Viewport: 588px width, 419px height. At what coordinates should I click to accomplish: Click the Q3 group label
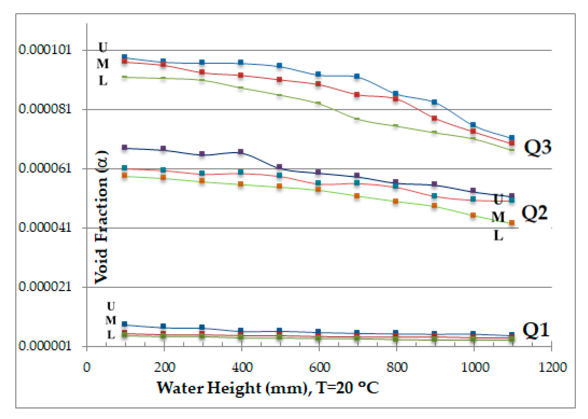click(x=537, y=147)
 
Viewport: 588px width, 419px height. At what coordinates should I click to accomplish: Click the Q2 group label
click(x=534, y=213)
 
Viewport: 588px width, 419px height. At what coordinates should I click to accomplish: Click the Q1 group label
click(x=536, y=330)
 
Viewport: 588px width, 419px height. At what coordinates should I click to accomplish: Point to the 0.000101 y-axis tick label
click(x=45, y=49)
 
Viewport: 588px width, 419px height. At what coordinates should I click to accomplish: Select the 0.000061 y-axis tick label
click(x=45, y=168)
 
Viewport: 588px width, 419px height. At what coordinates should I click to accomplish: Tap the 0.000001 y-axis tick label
click(x=45, y=346)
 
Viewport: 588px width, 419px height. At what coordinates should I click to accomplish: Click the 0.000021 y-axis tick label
click(x=45, y=287)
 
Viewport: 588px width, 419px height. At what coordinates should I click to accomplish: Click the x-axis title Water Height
click(x=268, y=388)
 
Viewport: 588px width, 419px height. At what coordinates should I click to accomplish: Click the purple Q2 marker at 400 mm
click(x=241, y=152)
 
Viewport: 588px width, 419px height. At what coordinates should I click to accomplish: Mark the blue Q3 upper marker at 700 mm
click(x=357, y=76)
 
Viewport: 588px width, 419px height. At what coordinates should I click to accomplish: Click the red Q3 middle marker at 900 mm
click(x=434, y=118)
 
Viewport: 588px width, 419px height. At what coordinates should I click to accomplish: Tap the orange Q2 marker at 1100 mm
click(x=512, y=223)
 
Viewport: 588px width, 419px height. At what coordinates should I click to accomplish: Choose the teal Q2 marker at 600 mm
click(x=318, y=183)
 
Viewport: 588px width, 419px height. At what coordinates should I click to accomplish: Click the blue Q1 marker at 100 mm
click(x=125, y=324)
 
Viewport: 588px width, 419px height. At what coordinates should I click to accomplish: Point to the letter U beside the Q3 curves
click(x=103, y=47)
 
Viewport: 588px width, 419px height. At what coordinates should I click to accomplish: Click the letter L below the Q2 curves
click(x=498, y=235)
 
